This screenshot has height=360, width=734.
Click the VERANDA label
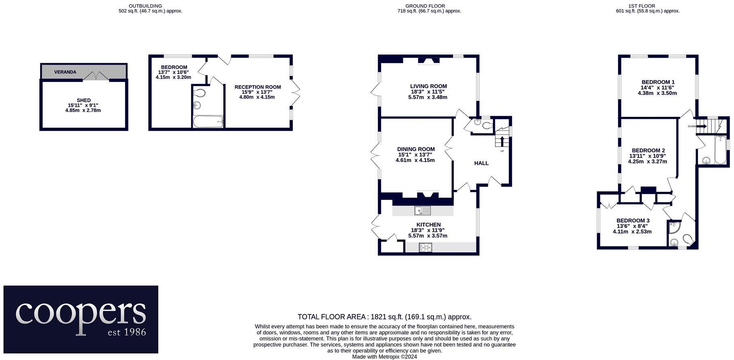coord(65,72)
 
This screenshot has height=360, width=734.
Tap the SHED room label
coord(84,100)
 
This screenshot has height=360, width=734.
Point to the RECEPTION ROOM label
coord(257,87)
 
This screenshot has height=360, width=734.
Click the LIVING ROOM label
coord(428,86)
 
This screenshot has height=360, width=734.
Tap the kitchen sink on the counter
coord(422,211)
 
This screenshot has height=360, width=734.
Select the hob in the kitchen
coord(425,247)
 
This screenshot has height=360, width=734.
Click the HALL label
coord(481,163)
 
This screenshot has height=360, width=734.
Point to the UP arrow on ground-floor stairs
coord(502,141)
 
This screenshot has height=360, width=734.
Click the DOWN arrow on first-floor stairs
coord(702,126)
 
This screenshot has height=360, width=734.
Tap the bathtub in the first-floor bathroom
coord(720,150)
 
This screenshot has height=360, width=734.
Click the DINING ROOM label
coord(416,149)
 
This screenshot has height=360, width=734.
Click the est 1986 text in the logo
coord(126,332)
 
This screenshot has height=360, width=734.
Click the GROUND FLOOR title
coord(425,6)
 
